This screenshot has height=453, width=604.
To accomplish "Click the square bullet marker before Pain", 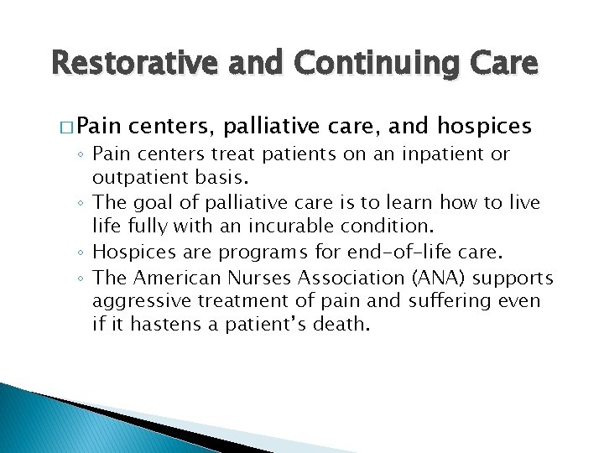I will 69,127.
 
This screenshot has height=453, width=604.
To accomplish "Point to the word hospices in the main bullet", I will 484,126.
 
